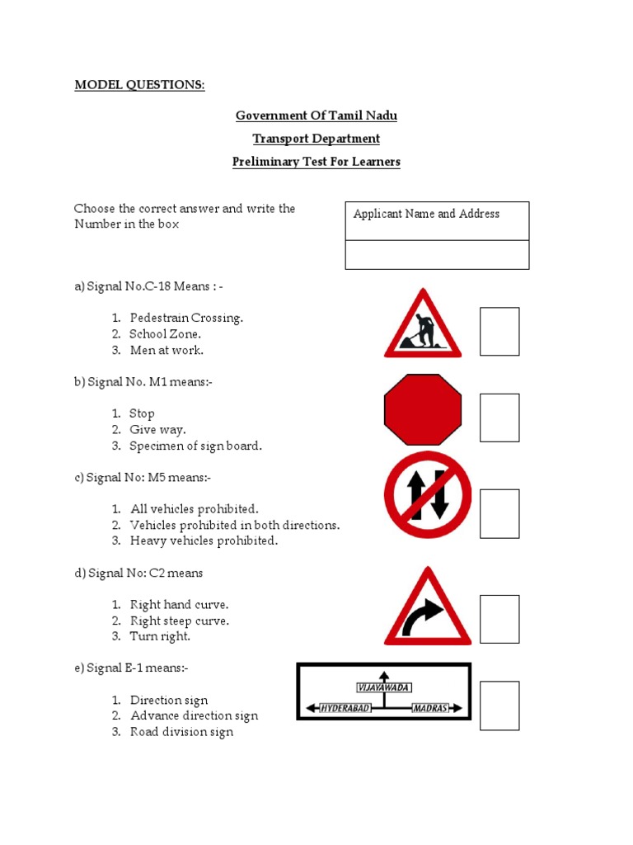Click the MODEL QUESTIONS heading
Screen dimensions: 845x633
click(x=139, y=85)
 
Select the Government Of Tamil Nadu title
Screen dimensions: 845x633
click(x=316, y=116)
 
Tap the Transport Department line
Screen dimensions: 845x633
click(x=316, y=139)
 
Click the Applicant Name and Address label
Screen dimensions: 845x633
click(x=426, y=214)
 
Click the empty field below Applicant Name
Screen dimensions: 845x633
click(x=437, y=255)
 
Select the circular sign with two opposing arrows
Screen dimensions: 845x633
click(x=428, y=494)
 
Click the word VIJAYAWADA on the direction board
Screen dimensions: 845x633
click(x=383, y=687)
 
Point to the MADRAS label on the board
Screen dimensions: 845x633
click(x=430, y=708)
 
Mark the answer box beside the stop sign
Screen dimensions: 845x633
click(x=499, y=418)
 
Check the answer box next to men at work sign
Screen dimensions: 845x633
click(x=499, y=332)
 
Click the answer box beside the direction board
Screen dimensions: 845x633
click(x=499, y=706)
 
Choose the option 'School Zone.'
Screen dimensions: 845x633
click(x=165, y=334)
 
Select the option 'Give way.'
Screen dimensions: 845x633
click(x=157, y=430)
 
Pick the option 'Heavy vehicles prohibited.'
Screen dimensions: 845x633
click(x=204, y=541)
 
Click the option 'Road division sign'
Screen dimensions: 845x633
click(x=181, y=732)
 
